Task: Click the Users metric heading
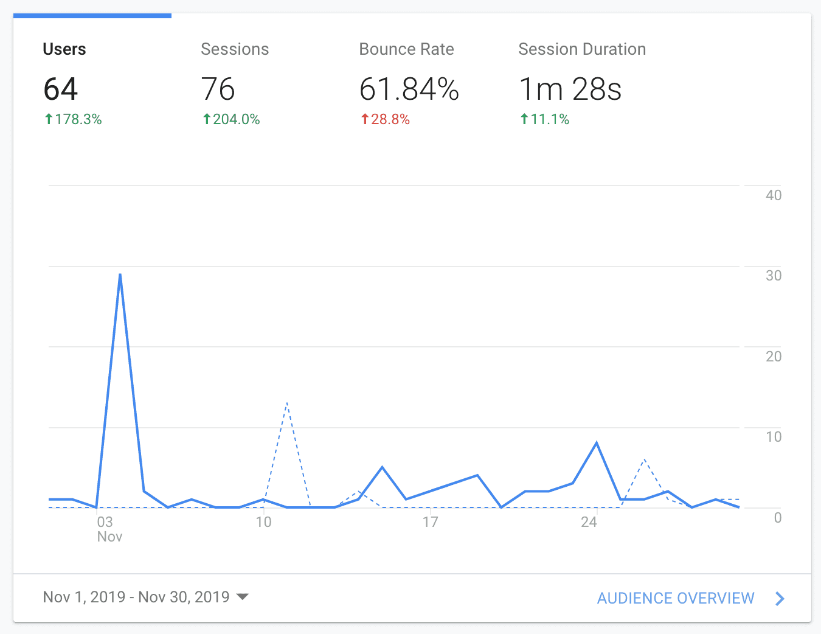(64, 49)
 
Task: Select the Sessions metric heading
(235, 49)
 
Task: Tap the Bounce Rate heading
(406, 49)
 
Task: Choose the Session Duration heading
(582, 49)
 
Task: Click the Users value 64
(61, 89)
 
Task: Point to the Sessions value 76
(218, 89)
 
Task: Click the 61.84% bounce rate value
(409, 89)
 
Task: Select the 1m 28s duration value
(570, 89)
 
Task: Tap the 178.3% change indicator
(73, 119)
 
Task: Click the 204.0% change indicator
(231, 119)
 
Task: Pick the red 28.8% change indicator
(386, 119)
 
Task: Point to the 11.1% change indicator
(545, 119)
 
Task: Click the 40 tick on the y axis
(774, 195)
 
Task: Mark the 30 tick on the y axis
(774, 276)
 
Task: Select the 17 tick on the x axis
(430, 522)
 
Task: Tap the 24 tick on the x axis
(589, 522)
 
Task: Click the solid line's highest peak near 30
(120, 274)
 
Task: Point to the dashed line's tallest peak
(286, 403)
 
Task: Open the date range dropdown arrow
(242, 597)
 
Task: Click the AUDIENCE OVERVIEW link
(676, 598)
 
